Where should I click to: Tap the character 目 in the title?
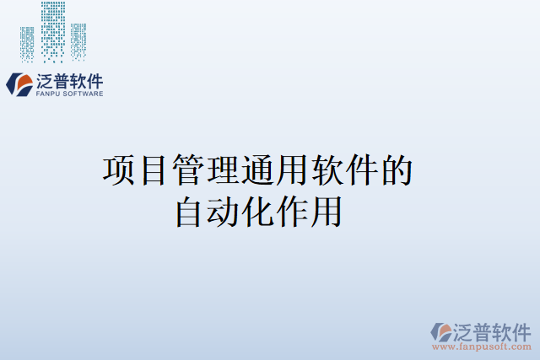(x=154, y=170)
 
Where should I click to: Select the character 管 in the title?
(x=189, y=170)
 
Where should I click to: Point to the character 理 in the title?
(x=224, y=170)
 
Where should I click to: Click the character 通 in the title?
(x=259, y=170)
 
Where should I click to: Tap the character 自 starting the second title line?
(x=189, y=211)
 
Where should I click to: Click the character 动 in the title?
(x=224, y=211)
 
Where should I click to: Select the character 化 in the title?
(x=258, y=211)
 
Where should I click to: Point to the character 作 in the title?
(x=293, y=211)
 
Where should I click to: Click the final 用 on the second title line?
(x=327, y=211)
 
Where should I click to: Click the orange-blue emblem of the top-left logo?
(x=18, y=83)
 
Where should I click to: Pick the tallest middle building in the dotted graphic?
(x=53, y=30)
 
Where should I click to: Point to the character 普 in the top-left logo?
(x=63, y=81)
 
